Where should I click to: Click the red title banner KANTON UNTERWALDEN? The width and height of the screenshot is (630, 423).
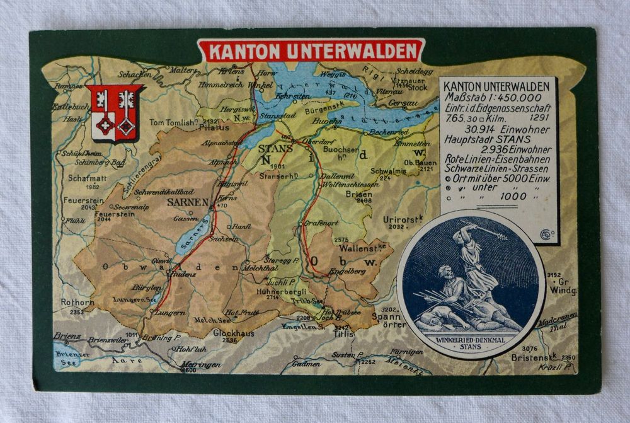[311, 51]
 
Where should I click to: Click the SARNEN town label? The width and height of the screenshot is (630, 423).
[187, 202]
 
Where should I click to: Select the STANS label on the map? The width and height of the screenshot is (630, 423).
[275, 149]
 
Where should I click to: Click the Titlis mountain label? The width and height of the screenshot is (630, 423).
[343, 335]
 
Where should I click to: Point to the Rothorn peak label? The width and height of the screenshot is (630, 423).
[77, 303]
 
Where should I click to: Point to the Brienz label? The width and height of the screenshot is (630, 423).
[66, 336]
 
